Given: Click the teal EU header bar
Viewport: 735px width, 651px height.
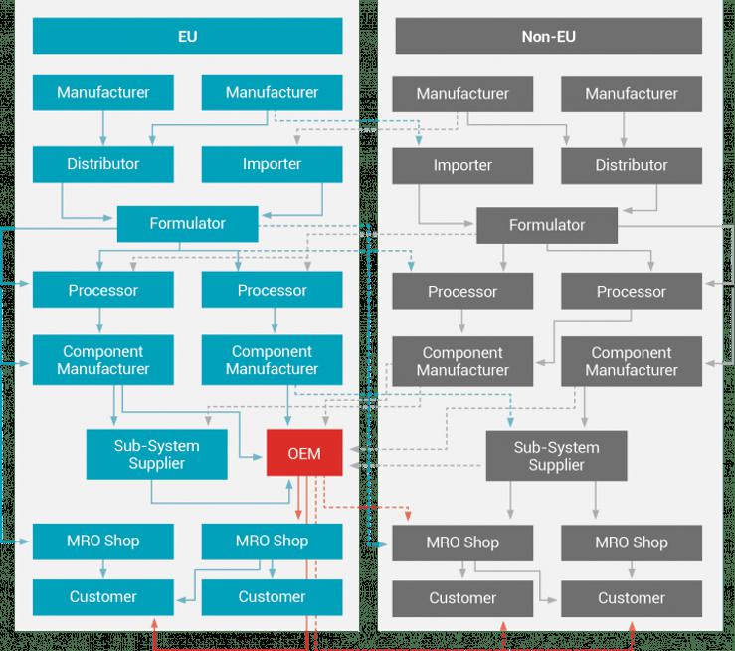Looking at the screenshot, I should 187,37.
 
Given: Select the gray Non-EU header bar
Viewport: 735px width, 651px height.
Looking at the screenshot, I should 548,38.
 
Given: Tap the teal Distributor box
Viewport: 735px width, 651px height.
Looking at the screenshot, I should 102,163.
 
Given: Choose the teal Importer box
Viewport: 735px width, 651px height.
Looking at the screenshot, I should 272,163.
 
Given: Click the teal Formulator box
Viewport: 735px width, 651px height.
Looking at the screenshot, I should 187,223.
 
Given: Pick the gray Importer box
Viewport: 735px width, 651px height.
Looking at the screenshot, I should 462,165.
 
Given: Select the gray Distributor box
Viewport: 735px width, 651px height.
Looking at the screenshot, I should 631,165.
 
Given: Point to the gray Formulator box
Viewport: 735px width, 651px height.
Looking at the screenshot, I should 547,225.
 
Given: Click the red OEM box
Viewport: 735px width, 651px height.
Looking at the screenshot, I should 304,454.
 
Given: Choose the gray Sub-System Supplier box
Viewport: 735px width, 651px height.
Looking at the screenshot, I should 556,456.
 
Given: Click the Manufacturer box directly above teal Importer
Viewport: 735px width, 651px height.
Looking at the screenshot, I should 272,92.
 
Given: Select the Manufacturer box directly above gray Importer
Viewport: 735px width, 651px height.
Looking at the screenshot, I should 462,94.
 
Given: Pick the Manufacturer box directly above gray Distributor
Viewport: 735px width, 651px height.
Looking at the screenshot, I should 631,94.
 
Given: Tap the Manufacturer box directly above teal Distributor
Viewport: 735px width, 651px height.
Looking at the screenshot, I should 102,92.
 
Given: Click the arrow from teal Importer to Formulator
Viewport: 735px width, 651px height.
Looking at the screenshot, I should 321,199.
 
